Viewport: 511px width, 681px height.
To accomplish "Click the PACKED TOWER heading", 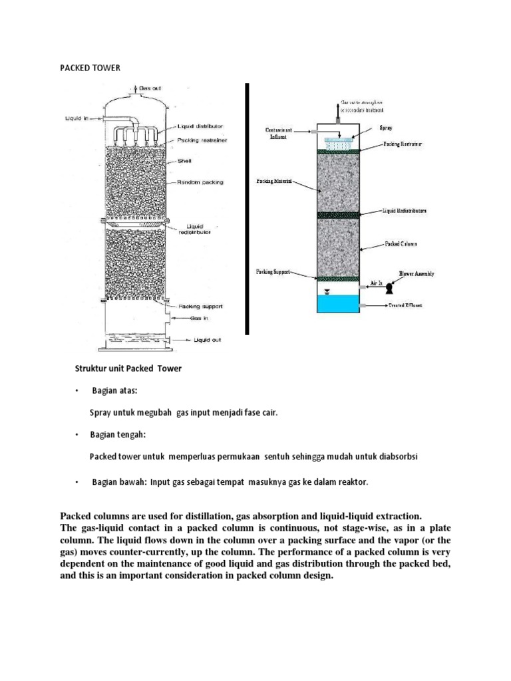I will [x=90, y=68].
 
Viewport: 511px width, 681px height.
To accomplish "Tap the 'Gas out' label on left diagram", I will [x=150, y=88].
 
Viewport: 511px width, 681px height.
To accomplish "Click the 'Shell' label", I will [x=185, y=160].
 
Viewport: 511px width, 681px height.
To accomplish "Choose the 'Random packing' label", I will [x=201, y=182].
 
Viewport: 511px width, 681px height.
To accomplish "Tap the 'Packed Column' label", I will [x=401, y=244].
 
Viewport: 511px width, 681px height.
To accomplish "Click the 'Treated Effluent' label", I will [x=408, y=305].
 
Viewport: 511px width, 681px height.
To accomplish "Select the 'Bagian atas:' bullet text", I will [x=114, y=390].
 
